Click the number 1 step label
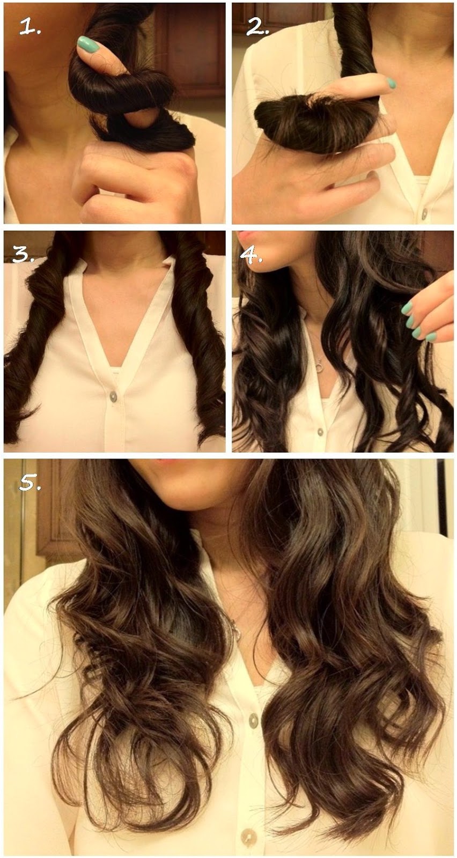click(30, 27)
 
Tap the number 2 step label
click(258, 26)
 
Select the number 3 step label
click(24, 254)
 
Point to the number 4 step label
click(251, 255)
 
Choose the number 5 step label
click(30, 483)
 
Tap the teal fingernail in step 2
click(392, 83)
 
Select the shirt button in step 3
click(113, 396)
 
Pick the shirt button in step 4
click(320, 432)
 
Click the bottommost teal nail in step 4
click(431, 337)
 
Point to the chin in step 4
click(264, 264)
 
